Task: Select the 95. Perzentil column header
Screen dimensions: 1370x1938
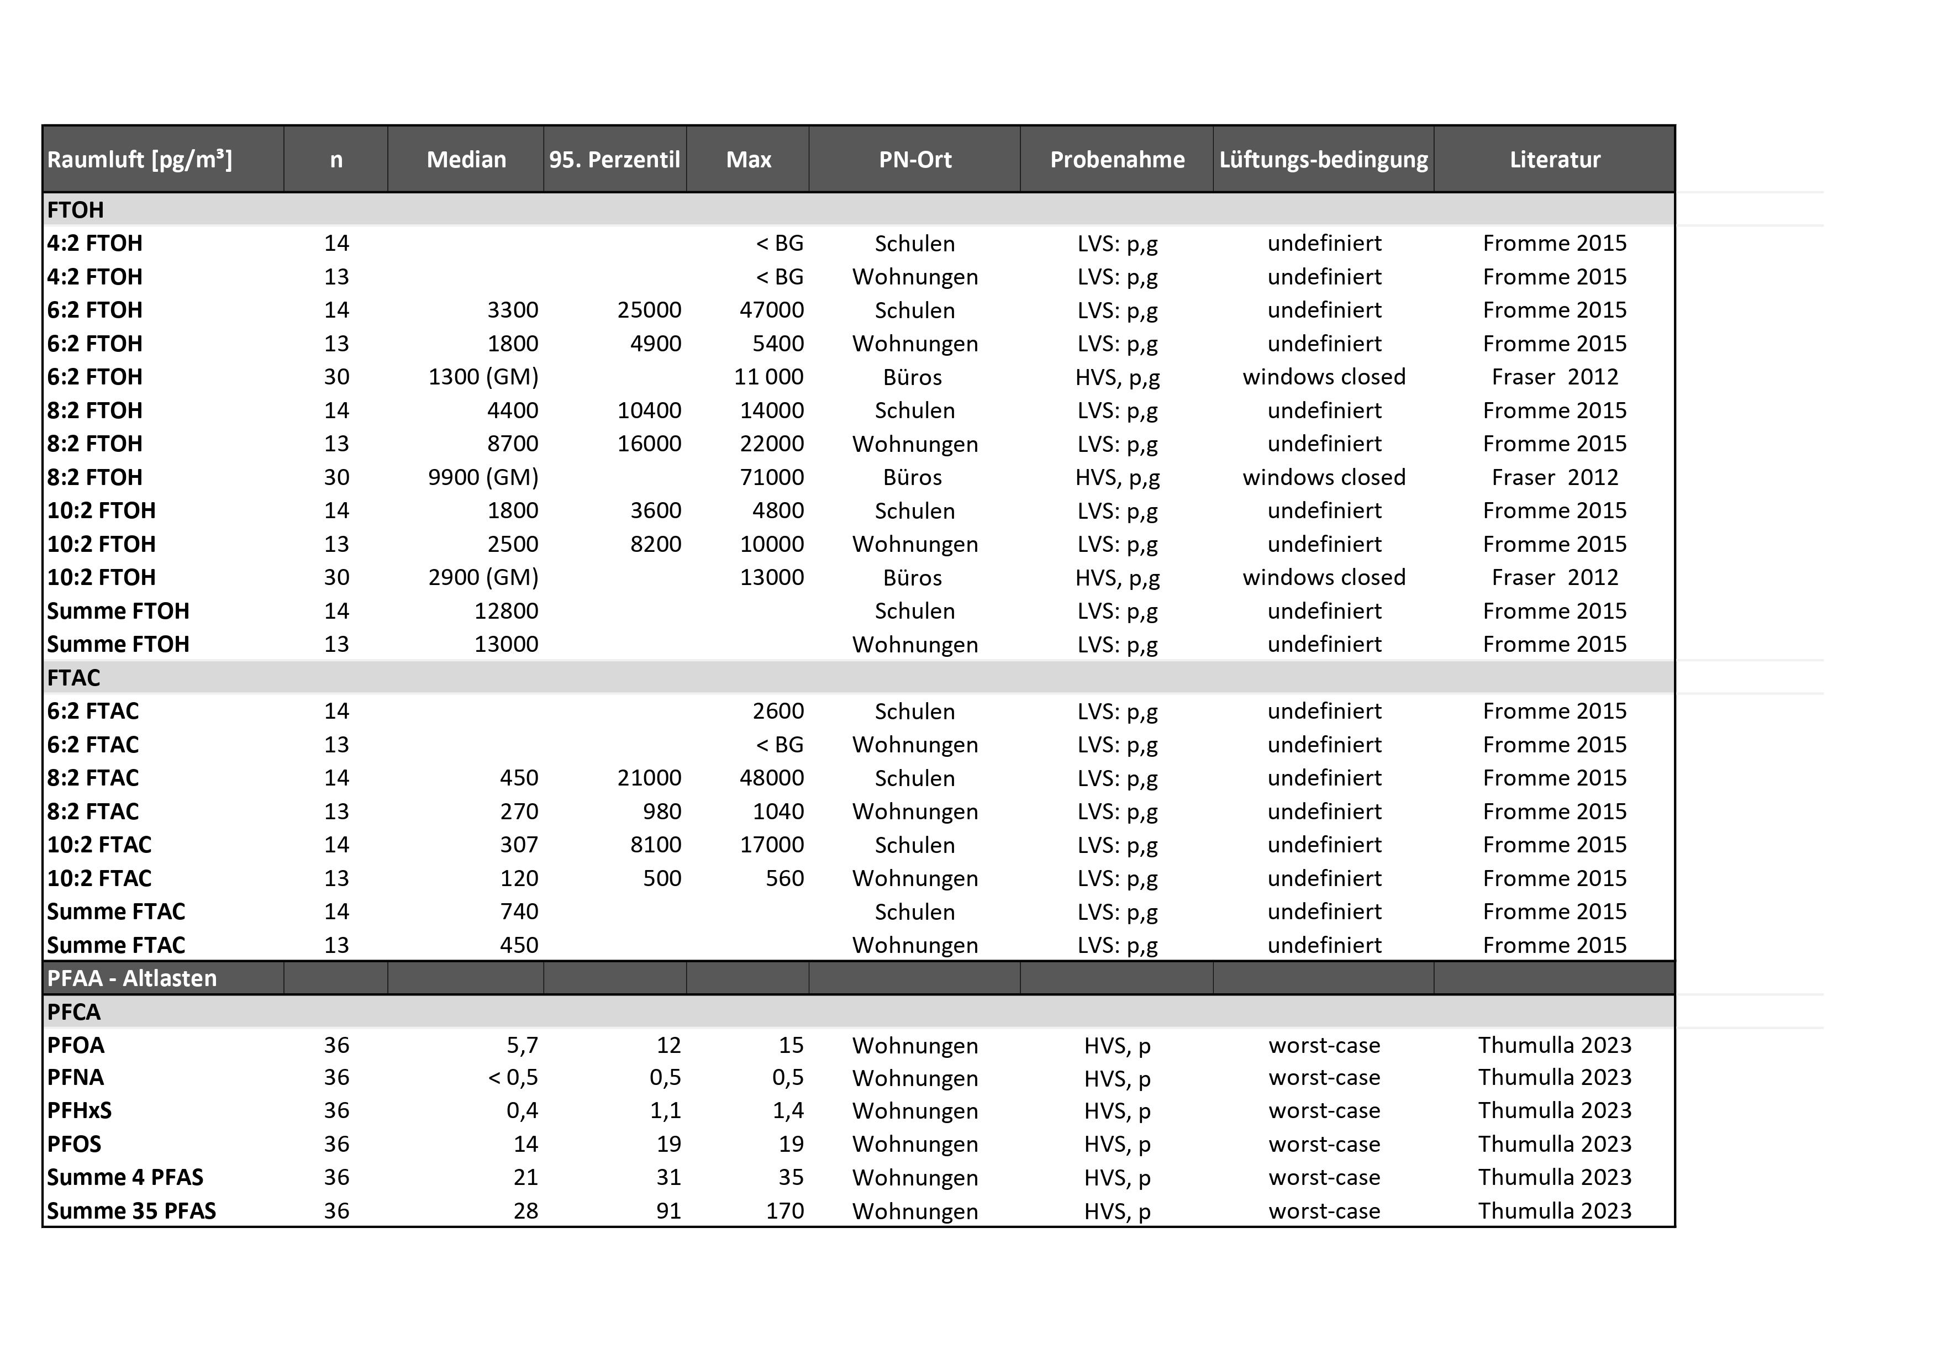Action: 614,160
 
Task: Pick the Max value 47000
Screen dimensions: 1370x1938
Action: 771,310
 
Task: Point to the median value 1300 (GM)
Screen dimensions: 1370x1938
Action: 483,377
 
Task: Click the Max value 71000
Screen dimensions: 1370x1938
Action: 771,477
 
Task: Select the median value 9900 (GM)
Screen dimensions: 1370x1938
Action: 483,477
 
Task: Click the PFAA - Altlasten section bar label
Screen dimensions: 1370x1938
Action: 131,978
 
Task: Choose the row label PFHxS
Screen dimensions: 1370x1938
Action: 80,1111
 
